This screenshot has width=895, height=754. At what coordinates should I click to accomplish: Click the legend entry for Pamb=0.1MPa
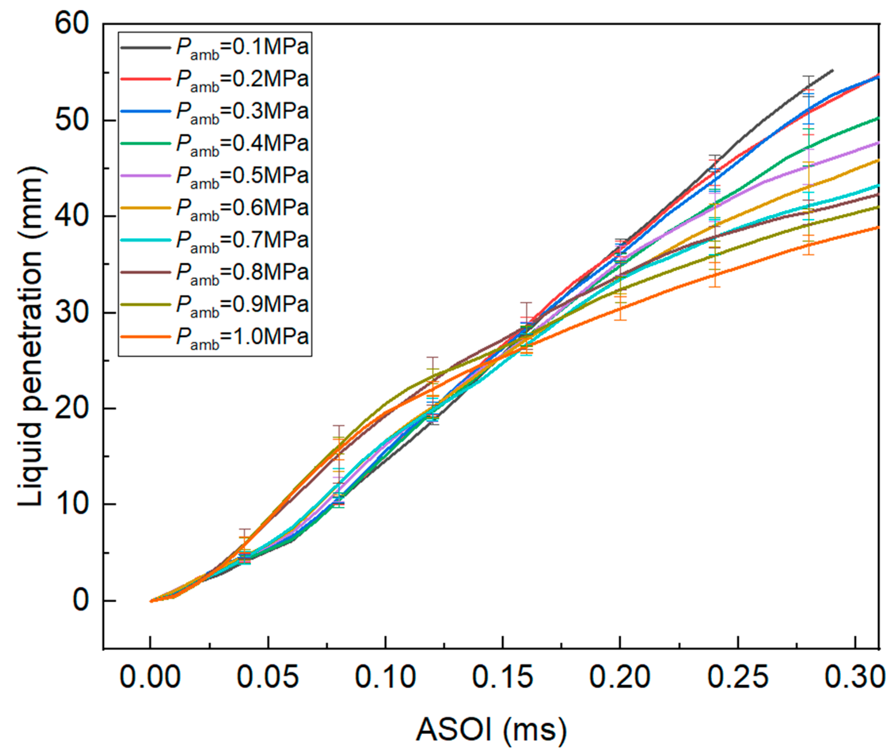(242, 47)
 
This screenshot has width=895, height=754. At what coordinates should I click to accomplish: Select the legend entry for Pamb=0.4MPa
(242, 144)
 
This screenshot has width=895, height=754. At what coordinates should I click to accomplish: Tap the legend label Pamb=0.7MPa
(242, 240)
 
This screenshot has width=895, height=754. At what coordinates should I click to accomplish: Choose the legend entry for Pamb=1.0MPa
(242, 337)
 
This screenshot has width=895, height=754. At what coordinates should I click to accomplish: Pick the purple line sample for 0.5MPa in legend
(145, 175)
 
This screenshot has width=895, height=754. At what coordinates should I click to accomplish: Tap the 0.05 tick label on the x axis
(268, 677)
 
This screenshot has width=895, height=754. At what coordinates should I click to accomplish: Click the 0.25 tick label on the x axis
(738, 677)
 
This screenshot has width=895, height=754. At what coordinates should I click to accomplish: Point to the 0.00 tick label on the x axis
(150, 677)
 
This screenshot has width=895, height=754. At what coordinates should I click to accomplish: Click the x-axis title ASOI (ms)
(491, 729)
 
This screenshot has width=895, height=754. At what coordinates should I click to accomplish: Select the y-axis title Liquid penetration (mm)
(31, 338)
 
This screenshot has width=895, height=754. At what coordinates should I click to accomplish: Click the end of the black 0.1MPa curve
(832, 69)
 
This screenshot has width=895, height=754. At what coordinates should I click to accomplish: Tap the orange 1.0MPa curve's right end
(878, 227)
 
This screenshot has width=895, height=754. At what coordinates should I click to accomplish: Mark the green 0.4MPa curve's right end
(878, 118)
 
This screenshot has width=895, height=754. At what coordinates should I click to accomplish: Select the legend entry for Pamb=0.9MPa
(242, 305)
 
